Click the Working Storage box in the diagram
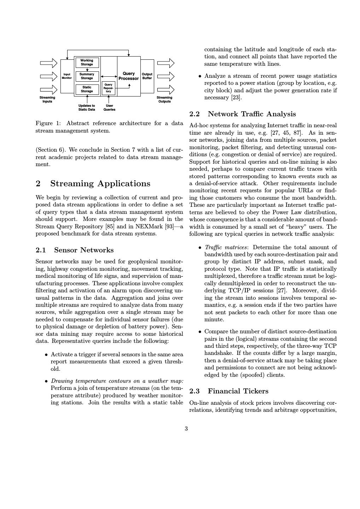(x=87, y=63)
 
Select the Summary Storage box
(x=87, y=76)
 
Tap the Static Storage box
(x=87, y=89)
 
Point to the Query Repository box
(x=108, y=88)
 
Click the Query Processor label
(x=129, y=76)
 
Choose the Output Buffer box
(x=147, y=76)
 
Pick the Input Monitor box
(x=67, y=76)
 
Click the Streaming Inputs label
(x=47, y=99)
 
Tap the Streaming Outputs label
(x=164, y=99)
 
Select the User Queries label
(x=109, y=107)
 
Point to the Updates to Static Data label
(x=87, y=107)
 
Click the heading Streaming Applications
(x=100, y=183)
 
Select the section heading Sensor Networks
(x=84, y=250)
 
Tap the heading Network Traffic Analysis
(x=252, y=114)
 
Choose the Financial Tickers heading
(x=238, y=391)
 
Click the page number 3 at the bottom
(x=186, y=429)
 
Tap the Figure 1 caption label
(x=48, y=123)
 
